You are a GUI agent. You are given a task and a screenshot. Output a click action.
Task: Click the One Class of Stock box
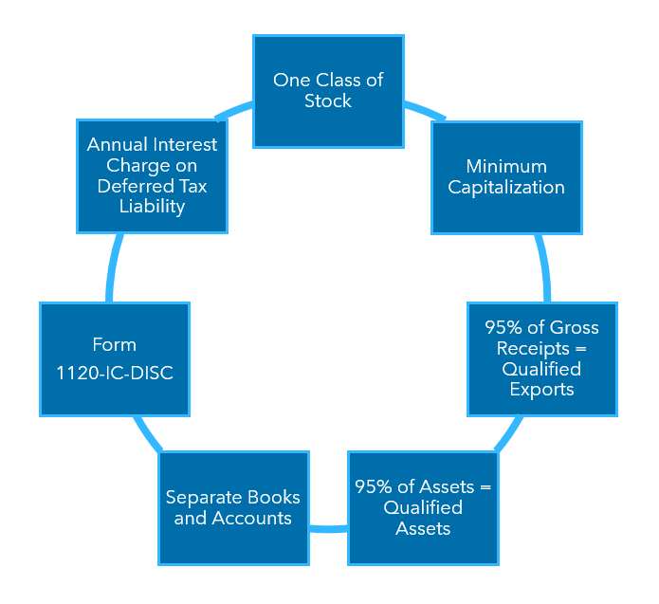point(328,91)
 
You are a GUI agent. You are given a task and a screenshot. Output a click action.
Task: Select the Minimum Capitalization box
point(506,177)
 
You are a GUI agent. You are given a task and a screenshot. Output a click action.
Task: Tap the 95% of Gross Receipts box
point(541,358)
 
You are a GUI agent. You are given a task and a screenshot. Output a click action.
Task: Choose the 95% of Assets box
point(423,507)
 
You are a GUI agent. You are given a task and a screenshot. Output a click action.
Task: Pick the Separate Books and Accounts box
point(233,507)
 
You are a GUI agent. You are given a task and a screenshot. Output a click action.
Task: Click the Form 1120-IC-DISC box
point(114,358)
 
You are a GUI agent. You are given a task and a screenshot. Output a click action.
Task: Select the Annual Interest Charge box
point(152,175)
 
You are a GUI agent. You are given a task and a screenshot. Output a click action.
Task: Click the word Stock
point(328,101)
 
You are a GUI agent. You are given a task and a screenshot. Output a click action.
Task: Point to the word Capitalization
point(506,188)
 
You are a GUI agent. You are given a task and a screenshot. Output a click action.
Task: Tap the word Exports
point(541,389)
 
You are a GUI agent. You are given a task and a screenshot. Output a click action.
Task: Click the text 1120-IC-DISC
point(114,373)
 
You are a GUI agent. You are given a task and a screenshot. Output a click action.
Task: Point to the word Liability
point(152,207)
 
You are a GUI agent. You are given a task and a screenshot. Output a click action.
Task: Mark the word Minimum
point(506,167)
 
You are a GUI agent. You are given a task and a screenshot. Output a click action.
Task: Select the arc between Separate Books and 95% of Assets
point(328,528)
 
